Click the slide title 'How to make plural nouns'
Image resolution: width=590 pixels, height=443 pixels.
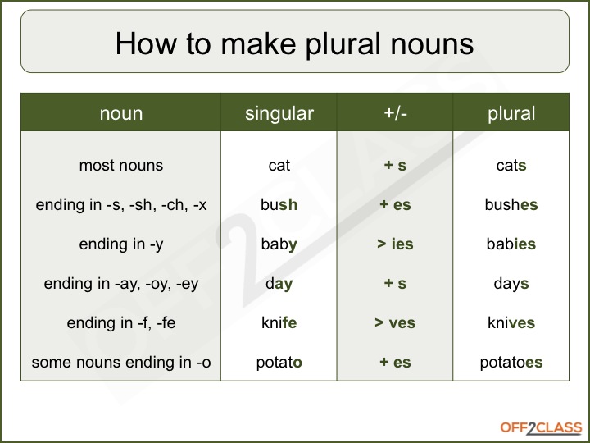294,43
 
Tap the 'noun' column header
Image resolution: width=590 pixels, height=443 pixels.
120,114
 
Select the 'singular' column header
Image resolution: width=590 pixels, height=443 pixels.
279,114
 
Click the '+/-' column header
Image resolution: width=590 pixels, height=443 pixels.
395,114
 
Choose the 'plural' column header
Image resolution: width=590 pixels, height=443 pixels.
511,114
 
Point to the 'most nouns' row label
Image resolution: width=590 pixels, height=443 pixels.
120,166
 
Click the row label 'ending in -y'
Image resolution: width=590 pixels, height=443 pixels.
120,244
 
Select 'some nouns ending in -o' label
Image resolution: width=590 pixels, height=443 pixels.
120,363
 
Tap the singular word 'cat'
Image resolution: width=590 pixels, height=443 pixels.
279,166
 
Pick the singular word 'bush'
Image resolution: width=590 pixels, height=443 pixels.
279,205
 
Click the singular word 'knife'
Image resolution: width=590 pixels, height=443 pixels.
279,323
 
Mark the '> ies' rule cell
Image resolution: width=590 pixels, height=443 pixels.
395,244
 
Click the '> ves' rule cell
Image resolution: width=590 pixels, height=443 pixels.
395,323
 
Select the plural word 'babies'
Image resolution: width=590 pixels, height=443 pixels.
511,244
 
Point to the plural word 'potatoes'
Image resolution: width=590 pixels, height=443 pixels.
511,363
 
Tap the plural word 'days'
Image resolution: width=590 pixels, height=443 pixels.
511,284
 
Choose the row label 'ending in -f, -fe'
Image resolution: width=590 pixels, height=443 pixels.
120,323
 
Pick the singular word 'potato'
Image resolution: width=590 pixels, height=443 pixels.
279,363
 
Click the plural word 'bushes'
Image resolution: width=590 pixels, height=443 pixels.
511,205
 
